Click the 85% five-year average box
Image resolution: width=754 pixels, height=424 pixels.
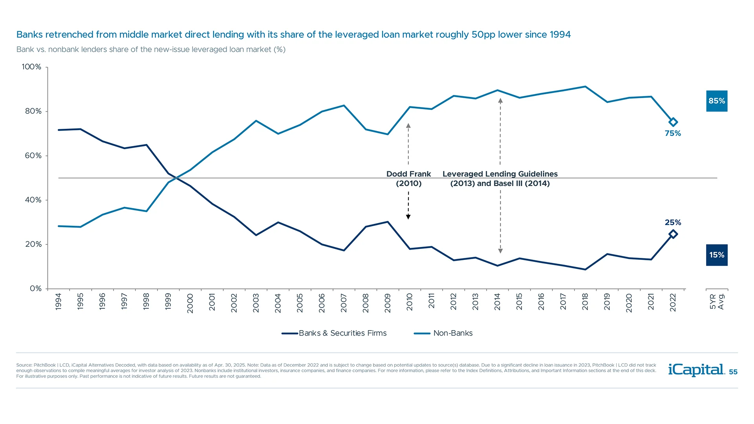pyautogui.click(x=716, y=101)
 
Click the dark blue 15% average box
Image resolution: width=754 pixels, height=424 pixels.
pyautogui.click(x=716, y=255)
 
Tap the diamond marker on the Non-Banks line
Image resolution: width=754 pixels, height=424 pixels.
pyautogui.click(x=673, y=122)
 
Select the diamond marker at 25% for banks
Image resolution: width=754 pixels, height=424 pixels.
pyautogui.click(x=673, y=234)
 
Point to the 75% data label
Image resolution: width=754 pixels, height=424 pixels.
pyautogui.click(x=673, y=133)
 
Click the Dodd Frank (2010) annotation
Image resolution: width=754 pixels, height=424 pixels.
pyautogui.click(x=408, y=179)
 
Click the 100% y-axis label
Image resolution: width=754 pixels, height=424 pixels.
pyautogui.click(x=31, y=67)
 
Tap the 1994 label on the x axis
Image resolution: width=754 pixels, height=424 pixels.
pyautogui.click(x=59, y=302)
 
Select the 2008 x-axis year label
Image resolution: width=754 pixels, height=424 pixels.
pyautogui.click(x=366, y=303)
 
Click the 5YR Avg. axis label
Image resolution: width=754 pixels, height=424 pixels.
pyautogui.click(x=717, y=302)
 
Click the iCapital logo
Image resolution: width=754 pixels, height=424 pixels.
pyautogui.click(x=696, y=370)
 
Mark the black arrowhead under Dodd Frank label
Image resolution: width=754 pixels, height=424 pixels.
pyautogui.click(x=408, y=217)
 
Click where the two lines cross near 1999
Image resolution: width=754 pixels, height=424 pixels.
pyautogui.click(x=177, y=178)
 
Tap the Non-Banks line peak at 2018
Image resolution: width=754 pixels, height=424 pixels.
pyautogui.click(x=585, y=86)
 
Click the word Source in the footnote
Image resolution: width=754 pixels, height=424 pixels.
pyautogui.click(x=24, y=365)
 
